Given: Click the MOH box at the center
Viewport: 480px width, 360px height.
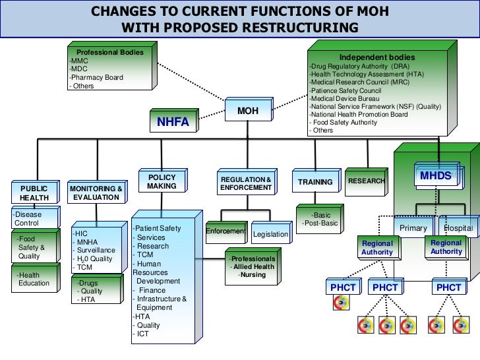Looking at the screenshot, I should click(x=247, y=111).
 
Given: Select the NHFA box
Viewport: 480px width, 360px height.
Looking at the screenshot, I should click(x=173, y=122).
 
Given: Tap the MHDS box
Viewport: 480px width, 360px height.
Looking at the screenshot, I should click(x=436, y=175).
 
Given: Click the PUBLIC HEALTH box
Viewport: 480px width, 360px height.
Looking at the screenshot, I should click(x=34, y=193).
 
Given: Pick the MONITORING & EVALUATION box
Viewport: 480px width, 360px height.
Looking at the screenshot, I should click(x=96, y=193).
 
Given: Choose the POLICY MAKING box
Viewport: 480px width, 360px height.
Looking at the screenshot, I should click(x=162, y=182).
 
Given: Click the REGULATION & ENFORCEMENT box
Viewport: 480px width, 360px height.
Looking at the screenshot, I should click(x=246, y=184).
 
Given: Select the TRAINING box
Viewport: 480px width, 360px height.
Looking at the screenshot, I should click(x=315, y=182).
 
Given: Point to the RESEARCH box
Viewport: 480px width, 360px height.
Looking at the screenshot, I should click(x=366, y=181).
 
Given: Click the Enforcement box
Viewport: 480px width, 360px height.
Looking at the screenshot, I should click(x=225, y=231).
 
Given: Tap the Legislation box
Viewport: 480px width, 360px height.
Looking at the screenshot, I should click(x=270, y=234).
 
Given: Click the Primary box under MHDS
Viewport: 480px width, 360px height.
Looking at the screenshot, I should click(x=414, y=228).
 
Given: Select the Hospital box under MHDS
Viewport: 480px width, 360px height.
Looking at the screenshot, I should click(x=459, y=228).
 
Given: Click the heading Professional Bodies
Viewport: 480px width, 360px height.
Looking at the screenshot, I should click(x=110, y=52).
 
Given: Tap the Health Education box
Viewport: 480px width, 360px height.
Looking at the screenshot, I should click(x=34, y=280).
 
